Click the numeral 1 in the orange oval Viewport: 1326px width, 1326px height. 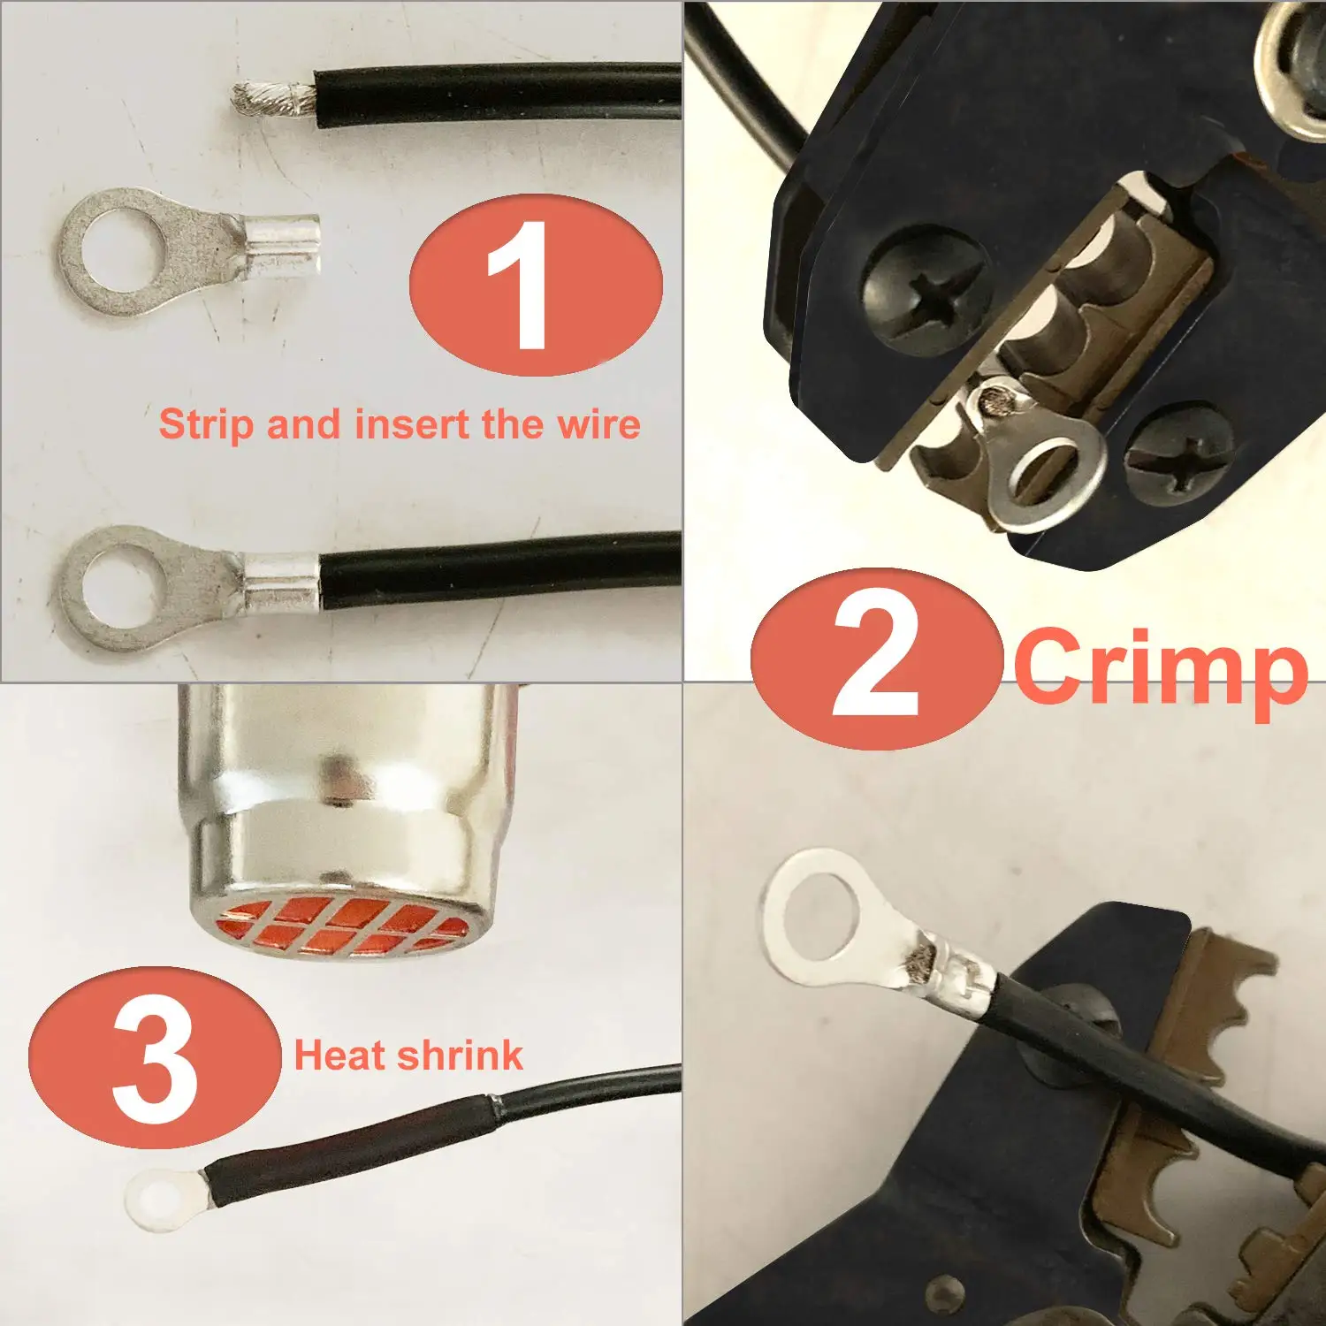pyautogui.click(x=522, y=285)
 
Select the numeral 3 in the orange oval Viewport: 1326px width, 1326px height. pyautogui.click(x=156, y=1059)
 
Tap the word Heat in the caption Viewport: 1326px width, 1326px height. pyautogui.click(x=340, y=1055)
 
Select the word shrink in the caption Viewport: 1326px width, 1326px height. pyautogui.click(x=460, y=1055)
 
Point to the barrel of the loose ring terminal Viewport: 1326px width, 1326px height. pyautogui.click(x=281, y=239)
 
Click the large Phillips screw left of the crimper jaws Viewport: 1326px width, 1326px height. pyautogui.click(x=926, y=290)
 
